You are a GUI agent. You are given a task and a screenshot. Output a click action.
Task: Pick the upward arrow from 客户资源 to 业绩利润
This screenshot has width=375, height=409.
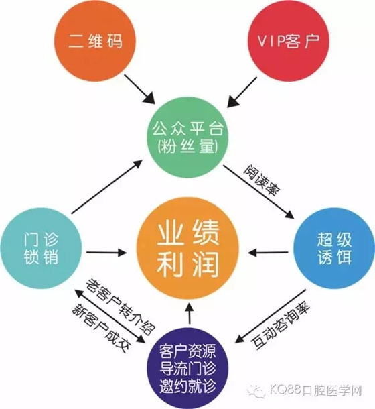(189, 313)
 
